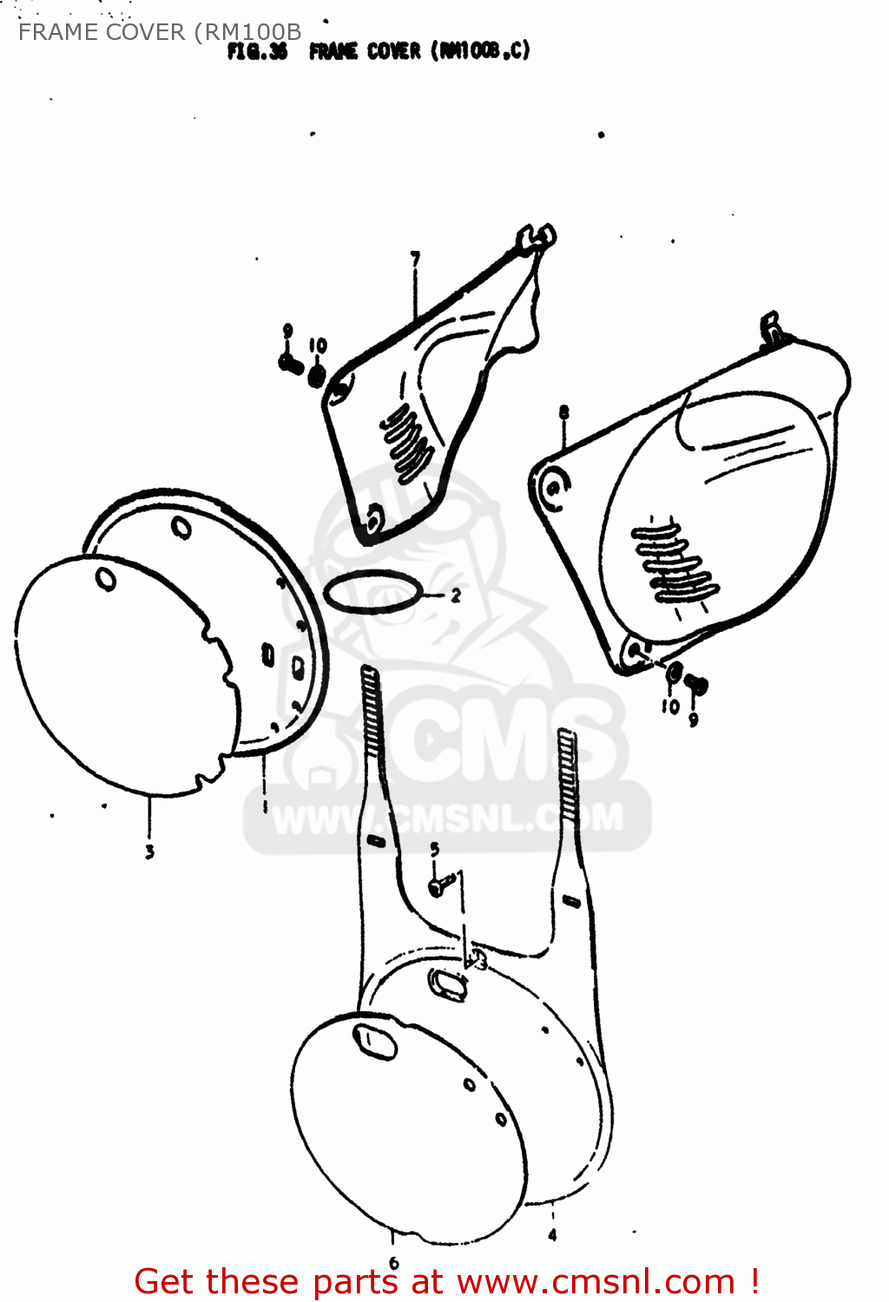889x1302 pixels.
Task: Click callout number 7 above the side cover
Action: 416,259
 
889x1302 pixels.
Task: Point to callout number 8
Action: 564,412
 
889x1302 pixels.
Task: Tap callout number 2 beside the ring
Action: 455,596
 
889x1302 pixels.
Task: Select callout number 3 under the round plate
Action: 149,852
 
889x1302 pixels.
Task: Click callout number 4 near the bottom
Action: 553,1234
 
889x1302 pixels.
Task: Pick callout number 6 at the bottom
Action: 393,1263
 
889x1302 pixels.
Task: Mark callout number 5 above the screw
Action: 434,849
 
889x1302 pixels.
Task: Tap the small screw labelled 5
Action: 440,886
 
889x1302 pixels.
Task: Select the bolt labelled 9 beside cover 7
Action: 289,362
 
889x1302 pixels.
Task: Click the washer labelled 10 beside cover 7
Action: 317,376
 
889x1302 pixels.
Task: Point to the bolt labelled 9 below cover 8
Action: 695,687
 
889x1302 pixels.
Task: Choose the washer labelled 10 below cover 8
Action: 674,673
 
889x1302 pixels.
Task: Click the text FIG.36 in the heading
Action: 257,52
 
